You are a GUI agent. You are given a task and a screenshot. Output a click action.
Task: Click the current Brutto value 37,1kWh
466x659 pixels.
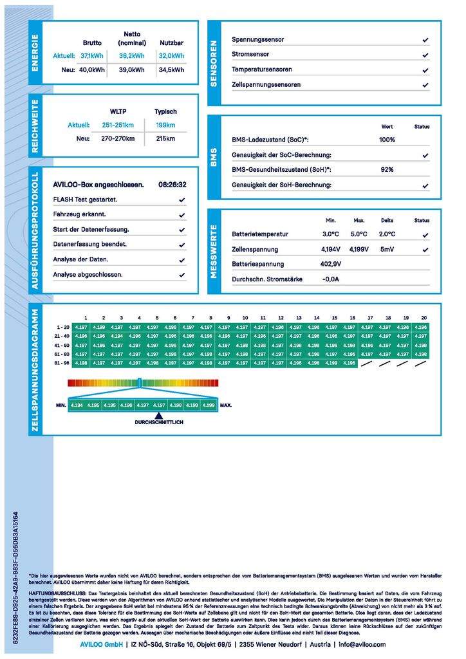tap(92, 56)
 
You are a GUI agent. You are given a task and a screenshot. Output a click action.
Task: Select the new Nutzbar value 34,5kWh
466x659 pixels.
tap(171, 70)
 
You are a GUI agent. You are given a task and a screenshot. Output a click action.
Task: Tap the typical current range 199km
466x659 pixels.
tap(165, 125)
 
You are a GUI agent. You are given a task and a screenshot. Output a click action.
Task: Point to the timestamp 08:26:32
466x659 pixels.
tap(172, 185)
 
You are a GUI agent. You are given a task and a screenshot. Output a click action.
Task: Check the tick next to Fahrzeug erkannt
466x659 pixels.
tap(182, 215)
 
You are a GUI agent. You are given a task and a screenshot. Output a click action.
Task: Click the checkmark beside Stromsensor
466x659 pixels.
tap(425, 55)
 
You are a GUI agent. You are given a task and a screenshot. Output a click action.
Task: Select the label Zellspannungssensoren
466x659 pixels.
tap(266, 84)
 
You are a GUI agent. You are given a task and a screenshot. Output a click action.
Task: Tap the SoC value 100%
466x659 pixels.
tap(387, 140)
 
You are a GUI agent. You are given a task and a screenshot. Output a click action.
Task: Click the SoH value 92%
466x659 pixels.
tap(387, 169)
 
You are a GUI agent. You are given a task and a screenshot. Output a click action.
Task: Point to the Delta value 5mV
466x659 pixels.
tap(387, 249)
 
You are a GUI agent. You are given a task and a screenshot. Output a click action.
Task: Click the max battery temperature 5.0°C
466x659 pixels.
tap(359, 234)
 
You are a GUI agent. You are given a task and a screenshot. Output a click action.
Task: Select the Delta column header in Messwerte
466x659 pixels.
tap(387, 220)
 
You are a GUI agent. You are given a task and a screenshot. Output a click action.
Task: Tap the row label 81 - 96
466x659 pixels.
tap(62, 363)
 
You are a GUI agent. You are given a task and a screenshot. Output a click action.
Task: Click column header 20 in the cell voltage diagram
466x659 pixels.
tap(423, 318)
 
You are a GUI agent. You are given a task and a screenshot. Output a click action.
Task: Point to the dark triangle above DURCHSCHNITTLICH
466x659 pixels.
tap(158, 416)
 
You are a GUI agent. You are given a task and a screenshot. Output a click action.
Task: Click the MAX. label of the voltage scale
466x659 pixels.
tap(226, 405)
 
